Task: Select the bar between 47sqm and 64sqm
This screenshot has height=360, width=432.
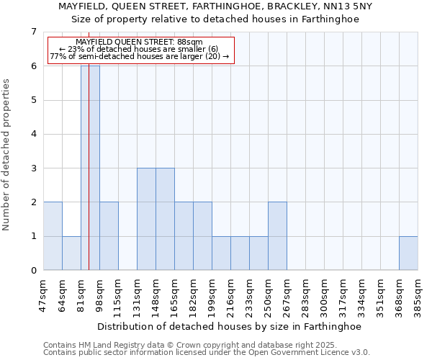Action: tap(53, 236)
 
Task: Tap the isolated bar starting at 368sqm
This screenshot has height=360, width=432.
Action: tap(408, 253)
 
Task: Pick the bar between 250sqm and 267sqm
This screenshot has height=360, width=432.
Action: tap(277, 236)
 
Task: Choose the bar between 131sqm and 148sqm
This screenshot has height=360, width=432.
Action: tap(146, 219)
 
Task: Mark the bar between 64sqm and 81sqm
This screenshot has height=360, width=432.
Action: tap(71, 253)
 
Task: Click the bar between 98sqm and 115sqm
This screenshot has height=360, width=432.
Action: tap(109, 236)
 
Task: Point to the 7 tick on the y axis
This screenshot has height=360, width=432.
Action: tap(33, 32)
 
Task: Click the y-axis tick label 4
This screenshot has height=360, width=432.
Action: tap(33, 134)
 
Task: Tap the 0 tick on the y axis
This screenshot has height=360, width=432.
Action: tap(33, 271)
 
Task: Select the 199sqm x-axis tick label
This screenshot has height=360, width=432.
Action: tap(212, 295)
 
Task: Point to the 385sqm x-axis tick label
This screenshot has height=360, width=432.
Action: tap(418, 295)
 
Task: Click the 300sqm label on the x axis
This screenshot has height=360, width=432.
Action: tap(324, 295)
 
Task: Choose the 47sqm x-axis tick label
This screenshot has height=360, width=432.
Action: tap(43, 295)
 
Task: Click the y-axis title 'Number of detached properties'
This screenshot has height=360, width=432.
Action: tap(7, 155)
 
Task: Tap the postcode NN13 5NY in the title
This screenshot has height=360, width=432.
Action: tap(347, 6)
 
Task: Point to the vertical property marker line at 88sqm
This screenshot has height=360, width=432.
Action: tap(89, 180)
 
